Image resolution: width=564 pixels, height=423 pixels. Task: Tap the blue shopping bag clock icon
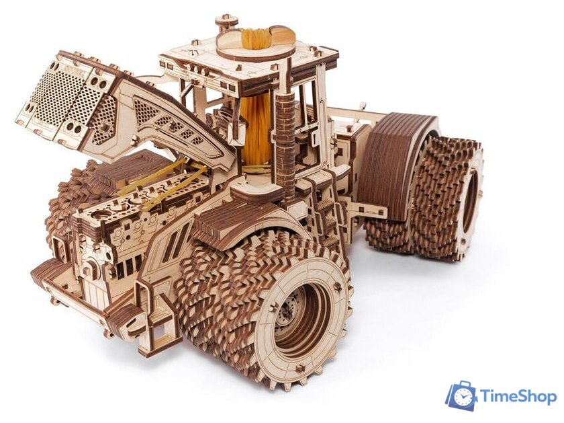(461, 395)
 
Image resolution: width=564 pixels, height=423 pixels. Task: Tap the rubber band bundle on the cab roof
(259, 38)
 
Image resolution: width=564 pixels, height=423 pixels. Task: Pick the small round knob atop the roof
(226, 21)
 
